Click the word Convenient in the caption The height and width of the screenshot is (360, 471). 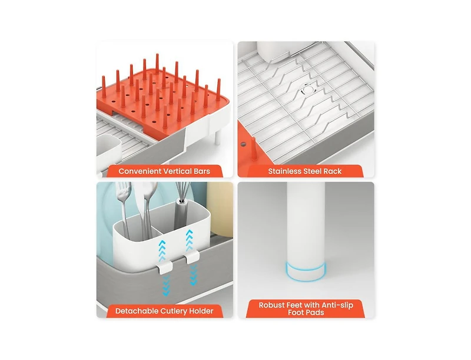(x=140, y=171)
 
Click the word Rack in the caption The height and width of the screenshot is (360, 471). (x=333, y=171)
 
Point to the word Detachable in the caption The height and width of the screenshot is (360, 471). (x=137, y=311)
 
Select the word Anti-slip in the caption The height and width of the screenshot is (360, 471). (x=336, y=305)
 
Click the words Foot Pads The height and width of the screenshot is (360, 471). (x=306, y=312)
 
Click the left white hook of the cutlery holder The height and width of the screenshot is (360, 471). (x=165, y=266)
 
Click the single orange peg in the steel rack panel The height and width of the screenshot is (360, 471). (x=254, y=149)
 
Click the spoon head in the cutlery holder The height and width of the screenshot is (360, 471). (x=150, y=191)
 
